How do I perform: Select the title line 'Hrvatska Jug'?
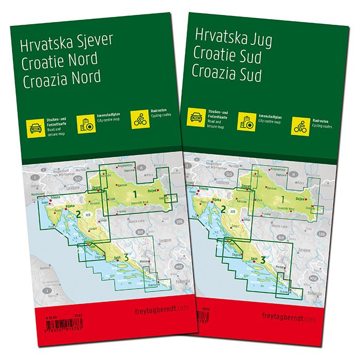click(231, 38)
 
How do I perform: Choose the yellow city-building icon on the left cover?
click(85, 124)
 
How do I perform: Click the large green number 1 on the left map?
click(135, 194)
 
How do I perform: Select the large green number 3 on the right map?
click(264, 260)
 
